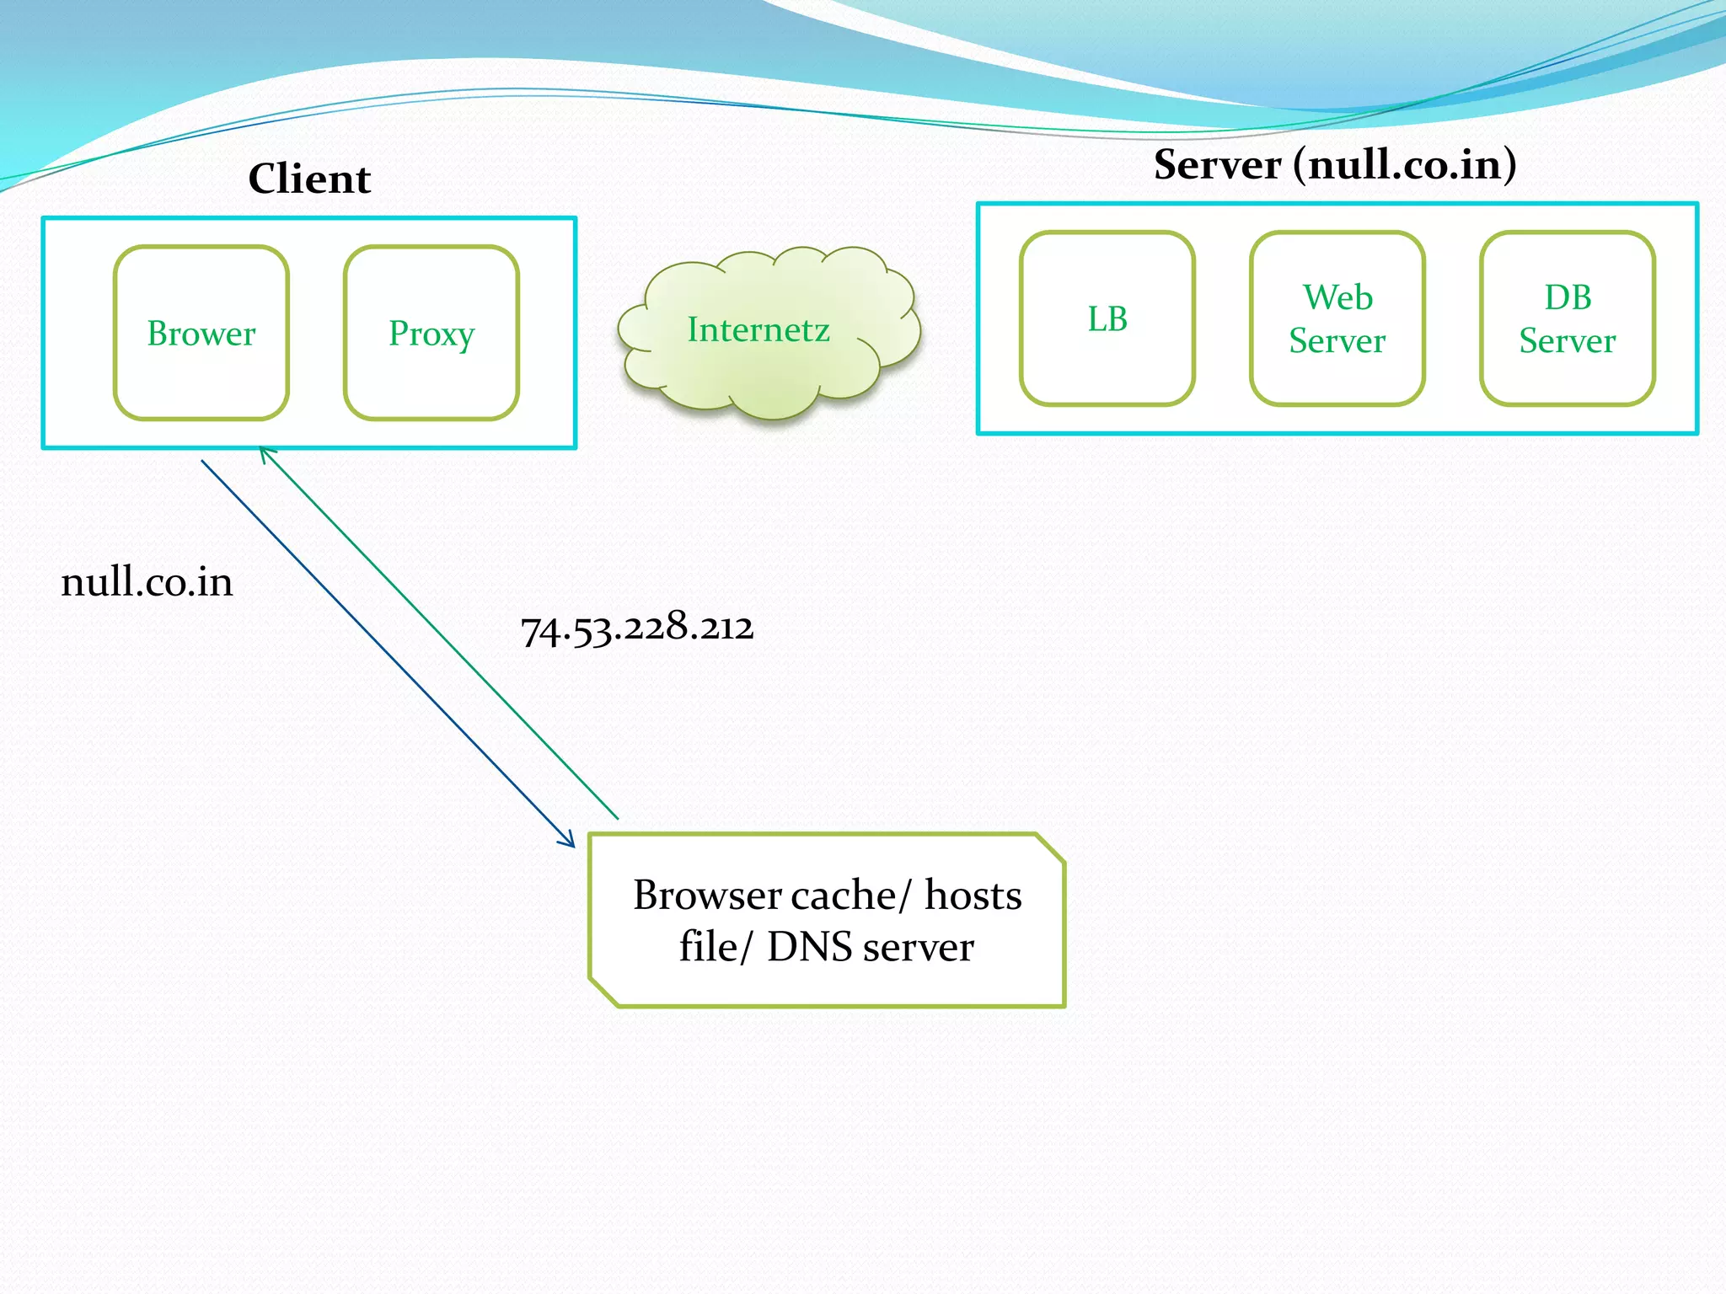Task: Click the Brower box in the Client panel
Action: point(201,334)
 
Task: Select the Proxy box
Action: point(431,334)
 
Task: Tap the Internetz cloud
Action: point(758,330)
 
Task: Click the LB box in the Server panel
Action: point(1107,319)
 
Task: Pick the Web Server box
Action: point(1337,319)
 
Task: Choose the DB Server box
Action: point(1567,319)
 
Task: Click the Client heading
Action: point(309,179)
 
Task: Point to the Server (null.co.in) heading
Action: point(1335,164)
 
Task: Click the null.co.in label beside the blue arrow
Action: point(147,582)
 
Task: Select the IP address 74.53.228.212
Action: point(637,628)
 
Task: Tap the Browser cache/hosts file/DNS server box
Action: point(827,921)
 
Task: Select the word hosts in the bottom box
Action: point(973,896)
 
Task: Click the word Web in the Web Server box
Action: point(1337,297)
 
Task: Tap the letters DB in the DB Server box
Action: point(1568,297)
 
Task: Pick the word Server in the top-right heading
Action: point(1217,164)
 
